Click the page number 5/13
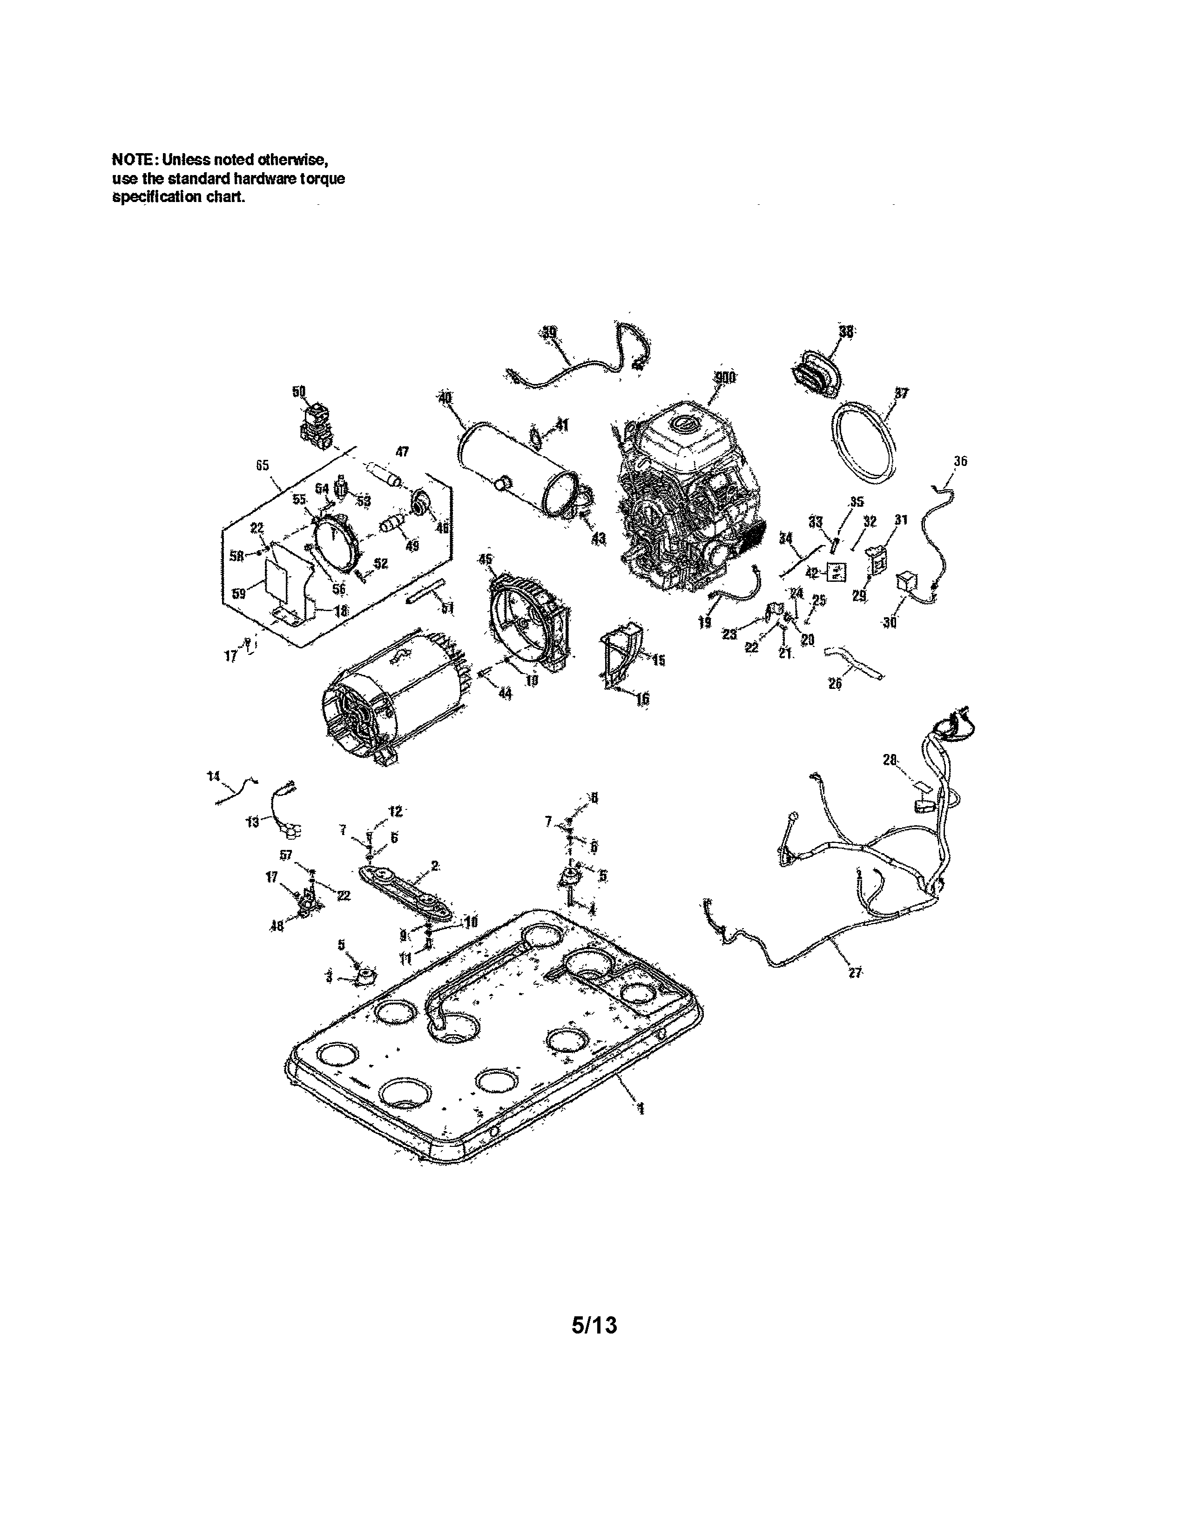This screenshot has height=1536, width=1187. point(594,1325)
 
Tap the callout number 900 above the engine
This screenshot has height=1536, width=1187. point(724,378)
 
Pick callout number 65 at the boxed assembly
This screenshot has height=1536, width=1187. point(262,465)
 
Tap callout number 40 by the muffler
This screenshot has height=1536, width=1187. point(445,398)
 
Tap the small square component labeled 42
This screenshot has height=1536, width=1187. point(836,573)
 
